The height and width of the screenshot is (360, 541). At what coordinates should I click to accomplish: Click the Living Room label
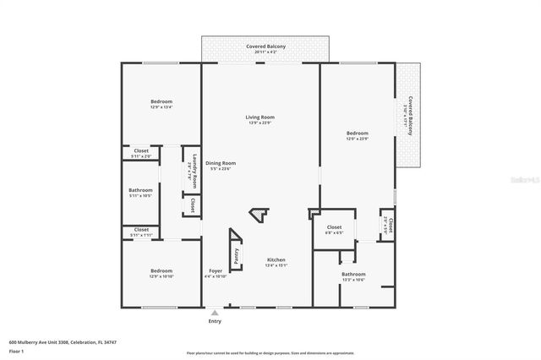[260, 117]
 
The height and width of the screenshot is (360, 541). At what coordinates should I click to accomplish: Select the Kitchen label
[276, 259]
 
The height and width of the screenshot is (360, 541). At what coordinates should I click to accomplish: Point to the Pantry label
[236, 254]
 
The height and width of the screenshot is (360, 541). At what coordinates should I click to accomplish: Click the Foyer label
[216, 271]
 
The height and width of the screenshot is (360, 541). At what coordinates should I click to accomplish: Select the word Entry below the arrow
[215, 322]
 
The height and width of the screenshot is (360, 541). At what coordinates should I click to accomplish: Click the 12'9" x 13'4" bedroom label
[161, 101]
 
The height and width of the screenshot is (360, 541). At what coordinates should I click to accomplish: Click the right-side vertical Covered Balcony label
[410, 113]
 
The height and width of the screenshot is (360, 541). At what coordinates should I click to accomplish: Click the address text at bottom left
[63, 342]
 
